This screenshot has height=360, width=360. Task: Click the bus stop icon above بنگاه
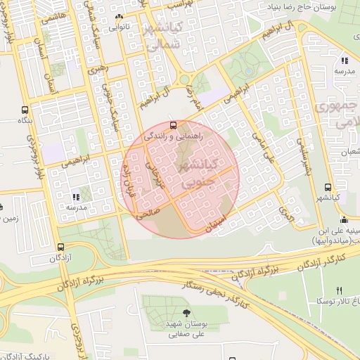[x=25, y=110]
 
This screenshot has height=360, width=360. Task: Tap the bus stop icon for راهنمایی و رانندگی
[x=174, y=124]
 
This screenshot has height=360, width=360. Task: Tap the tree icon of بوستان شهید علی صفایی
[x=186, y=313]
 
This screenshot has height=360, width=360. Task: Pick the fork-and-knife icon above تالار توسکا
[x=339, y=290]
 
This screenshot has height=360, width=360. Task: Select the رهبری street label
[x=96, y=72]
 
